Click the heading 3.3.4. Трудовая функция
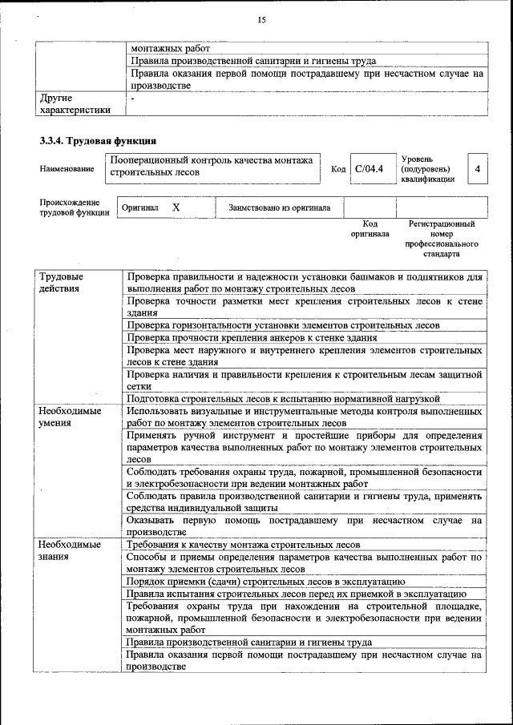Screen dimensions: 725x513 point(92,141)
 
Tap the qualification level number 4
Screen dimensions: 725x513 point(478,169)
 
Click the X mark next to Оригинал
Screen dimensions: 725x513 point(176,207)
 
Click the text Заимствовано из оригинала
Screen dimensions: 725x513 point(279,207)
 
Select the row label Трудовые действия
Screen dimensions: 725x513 point(60,282)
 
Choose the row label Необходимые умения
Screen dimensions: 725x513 point(70,417)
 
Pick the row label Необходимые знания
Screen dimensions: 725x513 point(70,550)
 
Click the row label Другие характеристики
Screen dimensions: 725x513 point(75,104)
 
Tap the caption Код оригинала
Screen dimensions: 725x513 point(370,229)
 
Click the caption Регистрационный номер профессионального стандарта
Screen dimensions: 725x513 point(442,239)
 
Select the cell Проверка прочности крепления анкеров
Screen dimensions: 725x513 point(252,338)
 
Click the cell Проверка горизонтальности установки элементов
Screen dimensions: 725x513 point(282,325)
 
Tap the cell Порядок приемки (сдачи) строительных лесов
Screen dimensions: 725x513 point(265,581)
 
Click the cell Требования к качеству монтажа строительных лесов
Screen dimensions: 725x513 point(244,544)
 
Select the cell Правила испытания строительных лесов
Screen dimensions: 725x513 point(291,594)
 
